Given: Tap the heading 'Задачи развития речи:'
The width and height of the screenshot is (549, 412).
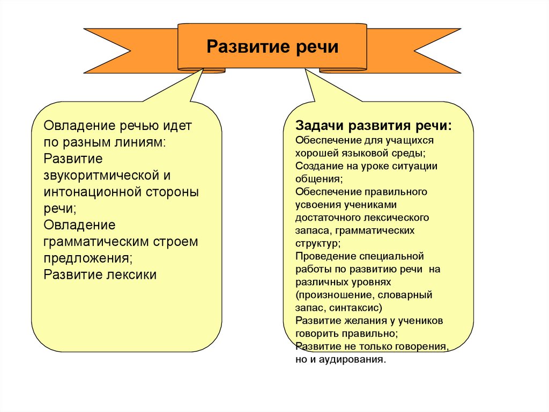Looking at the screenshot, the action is pos(374,126).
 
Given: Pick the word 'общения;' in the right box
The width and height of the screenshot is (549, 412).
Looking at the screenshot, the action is pos(318,178).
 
